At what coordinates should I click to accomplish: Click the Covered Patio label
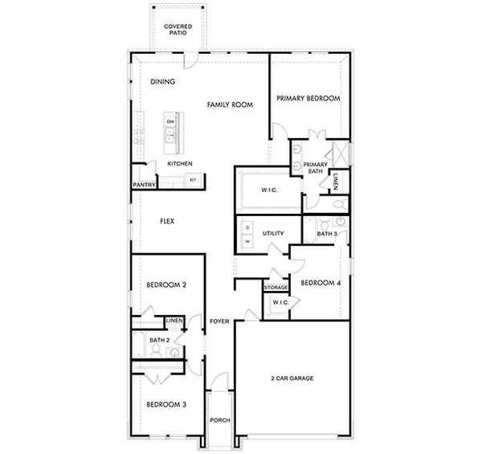[x=178, y=30]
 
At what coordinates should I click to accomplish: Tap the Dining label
[x=164, y=82]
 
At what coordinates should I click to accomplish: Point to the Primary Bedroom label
[x=308, y=98]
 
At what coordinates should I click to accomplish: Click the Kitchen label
[x=179, y=164]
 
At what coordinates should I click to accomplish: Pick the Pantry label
[x=144, y=185]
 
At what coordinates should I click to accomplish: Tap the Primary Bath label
[x=314, y=167]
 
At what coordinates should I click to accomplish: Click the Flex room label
[x=167, y=221]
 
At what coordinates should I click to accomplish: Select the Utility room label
[x=273, y=233]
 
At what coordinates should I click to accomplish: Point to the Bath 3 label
[x=326, y=234]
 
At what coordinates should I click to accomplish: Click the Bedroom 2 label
[x=166, y=285]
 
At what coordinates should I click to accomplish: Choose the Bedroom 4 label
[x=320, y=283]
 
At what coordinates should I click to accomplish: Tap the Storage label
[x=276, y=287]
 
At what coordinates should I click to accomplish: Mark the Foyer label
[x=219, y=321]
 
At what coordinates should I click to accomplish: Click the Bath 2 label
[x=159, y=340]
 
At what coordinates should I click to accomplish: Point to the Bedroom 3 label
[x=166, y=405]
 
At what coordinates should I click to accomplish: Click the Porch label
[x=219, y=419]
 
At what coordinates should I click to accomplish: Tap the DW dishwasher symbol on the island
[x=170, y=122]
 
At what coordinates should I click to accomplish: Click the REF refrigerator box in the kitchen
[x=193, y=180]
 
